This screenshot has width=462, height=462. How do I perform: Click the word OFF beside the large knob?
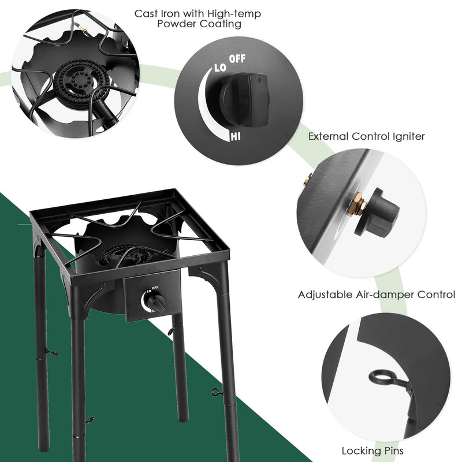click(x=237, y=59)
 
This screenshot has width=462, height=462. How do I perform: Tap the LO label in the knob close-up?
click(x=219, y=68)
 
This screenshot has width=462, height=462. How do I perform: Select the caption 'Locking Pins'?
click(x=372, y=450)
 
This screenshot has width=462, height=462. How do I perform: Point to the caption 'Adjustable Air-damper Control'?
click(x=376, y=295)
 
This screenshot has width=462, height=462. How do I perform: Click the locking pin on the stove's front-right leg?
click(x=217, y=393)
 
